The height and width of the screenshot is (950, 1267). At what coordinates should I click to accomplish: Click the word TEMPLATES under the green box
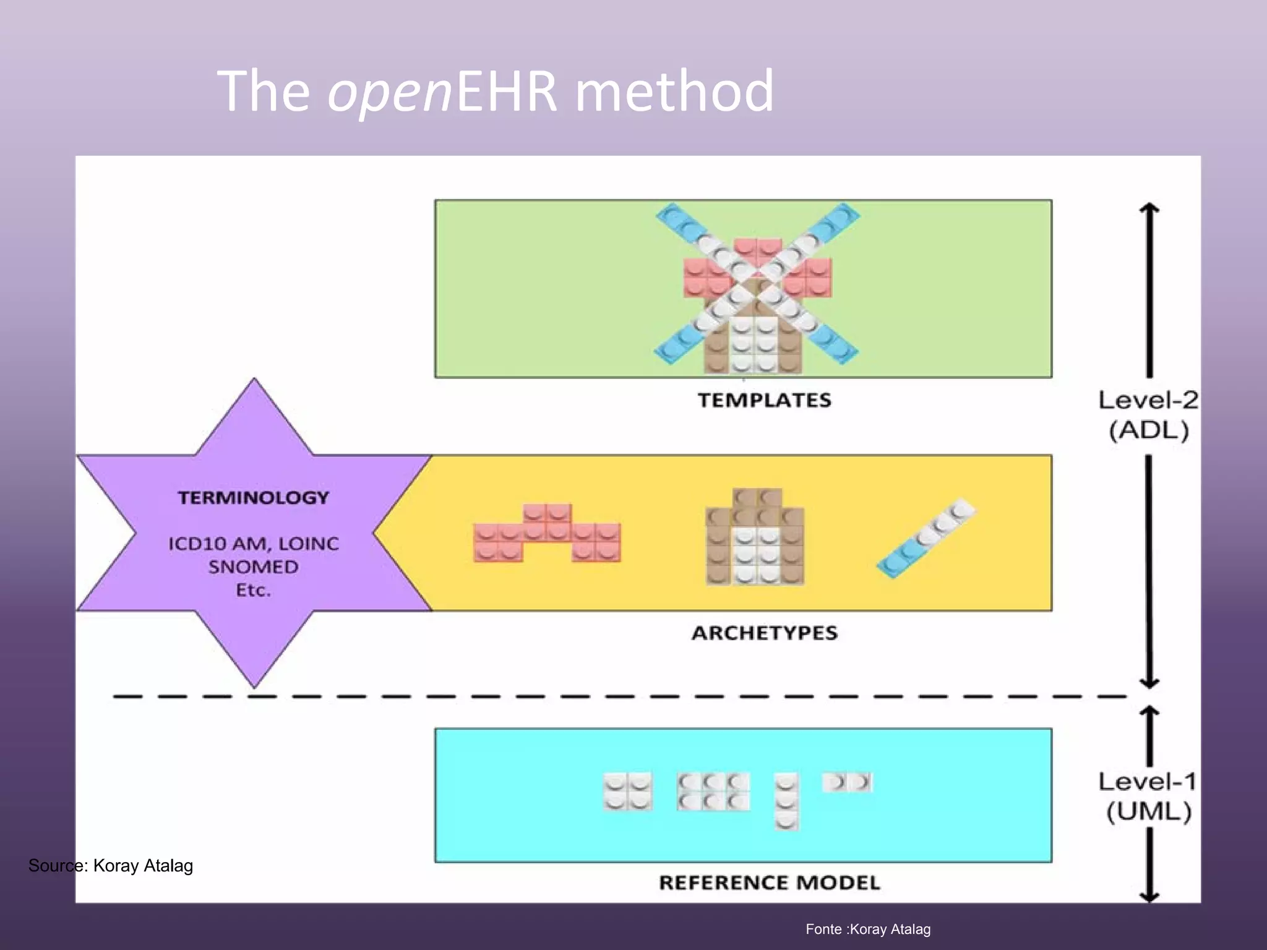765,400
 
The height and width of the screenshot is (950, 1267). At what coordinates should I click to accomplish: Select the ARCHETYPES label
765,633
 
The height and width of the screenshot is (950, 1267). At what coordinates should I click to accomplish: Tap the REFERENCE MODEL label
769,883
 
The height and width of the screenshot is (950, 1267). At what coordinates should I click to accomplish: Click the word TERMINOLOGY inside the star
254,498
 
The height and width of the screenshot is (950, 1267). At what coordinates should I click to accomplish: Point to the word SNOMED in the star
254,567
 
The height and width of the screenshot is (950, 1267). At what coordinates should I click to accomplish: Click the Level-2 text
1148,400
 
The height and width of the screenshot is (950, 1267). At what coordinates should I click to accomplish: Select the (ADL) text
1149,430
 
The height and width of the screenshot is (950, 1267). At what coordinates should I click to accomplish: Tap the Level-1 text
1148,782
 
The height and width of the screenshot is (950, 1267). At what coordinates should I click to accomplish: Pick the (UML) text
1149,811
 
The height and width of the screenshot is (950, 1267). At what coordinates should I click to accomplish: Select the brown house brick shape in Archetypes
755,537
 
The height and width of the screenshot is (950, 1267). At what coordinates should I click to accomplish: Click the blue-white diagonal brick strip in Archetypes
926,537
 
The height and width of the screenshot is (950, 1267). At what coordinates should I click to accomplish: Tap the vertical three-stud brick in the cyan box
786,801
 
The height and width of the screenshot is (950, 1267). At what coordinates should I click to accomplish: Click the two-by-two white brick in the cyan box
627,791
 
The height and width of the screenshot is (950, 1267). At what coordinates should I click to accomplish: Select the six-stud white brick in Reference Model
713,792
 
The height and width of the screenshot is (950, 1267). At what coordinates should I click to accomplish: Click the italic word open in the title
390,93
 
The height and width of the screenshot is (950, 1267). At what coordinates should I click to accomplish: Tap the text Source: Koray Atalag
111,865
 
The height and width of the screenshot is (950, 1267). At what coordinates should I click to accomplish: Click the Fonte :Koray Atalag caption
868,929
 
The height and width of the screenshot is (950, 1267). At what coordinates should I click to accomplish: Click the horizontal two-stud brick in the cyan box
847,782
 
